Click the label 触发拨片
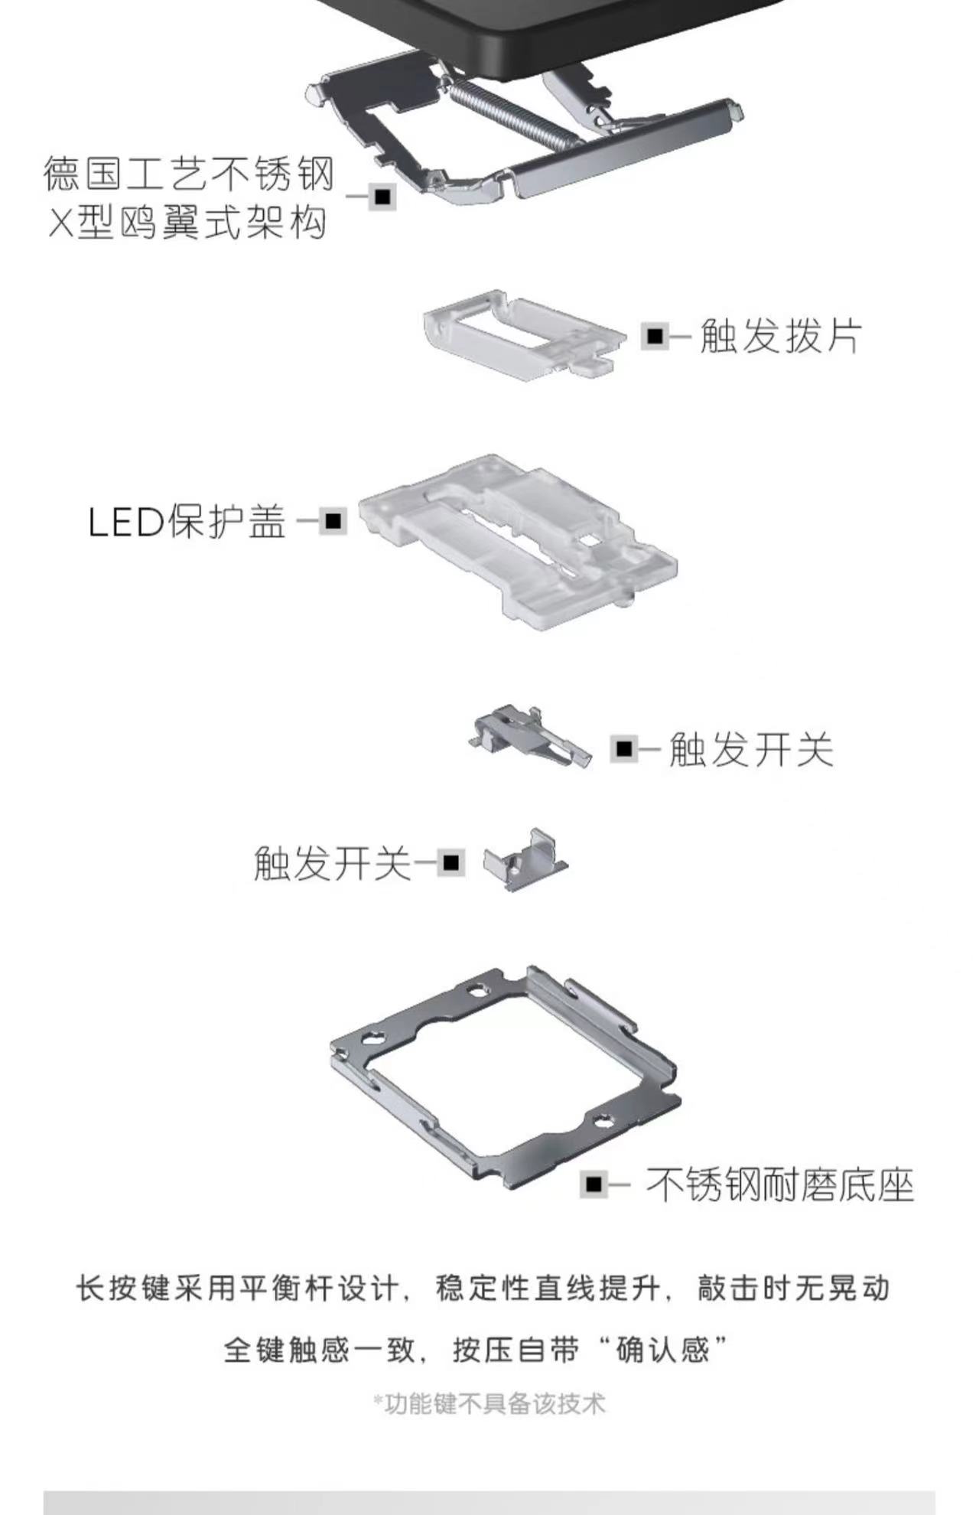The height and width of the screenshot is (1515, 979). (781, 336)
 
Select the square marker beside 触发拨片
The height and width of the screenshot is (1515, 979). (654, 336)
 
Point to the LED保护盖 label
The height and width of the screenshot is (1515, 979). (187, 523)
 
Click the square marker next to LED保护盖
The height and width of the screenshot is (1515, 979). (333, 522)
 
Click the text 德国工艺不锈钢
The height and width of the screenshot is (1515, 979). (189, 174)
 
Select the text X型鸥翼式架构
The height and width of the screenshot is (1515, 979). (188, 223)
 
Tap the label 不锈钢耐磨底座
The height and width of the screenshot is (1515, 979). (780, 1185)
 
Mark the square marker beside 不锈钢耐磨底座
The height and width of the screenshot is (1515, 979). (593, 1185)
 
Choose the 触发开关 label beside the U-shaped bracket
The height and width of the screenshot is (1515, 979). (332, 862)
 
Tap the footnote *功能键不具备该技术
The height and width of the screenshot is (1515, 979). (489, 1404)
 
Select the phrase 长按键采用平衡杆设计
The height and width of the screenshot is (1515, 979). (238, 1289)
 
